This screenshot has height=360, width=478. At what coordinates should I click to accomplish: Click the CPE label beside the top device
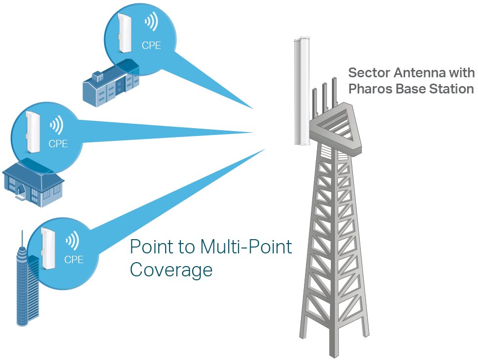(x=151, y=46)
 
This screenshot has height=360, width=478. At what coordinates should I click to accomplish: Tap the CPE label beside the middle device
(x=58, y=144)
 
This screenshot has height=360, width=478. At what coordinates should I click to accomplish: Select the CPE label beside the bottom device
(x=74, y=260)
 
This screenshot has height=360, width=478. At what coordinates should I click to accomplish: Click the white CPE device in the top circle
(x=124, y=33)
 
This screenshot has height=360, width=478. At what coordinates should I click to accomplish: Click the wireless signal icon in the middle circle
(x=57, y=125)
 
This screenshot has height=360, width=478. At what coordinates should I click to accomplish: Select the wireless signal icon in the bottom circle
(x=72, y=240)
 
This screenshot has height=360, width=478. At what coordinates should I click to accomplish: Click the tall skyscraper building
(x=22, y=284)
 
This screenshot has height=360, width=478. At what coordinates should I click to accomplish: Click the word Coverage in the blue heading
(x=171, y=270)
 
